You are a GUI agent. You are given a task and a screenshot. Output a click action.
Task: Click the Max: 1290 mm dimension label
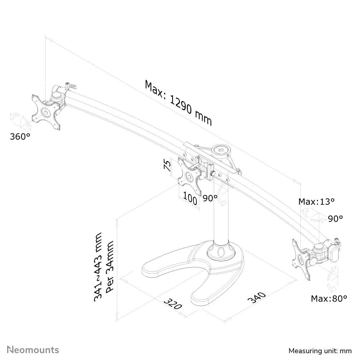tap(179, 103)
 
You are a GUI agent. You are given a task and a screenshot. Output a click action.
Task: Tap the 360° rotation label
tap(20, 137)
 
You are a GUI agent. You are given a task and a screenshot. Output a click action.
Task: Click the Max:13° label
tap(317, 202)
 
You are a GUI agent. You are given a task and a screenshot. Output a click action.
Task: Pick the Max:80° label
tap(329, 298)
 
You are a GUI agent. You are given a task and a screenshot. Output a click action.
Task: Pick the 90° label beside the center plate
tap(210, 198)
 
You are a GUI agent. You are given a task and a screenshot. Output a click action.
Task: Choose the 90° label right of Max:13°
tap(335, 219)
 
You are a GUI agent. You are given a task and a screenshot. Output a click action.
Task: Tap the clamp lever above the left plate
tap(71, 86)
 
